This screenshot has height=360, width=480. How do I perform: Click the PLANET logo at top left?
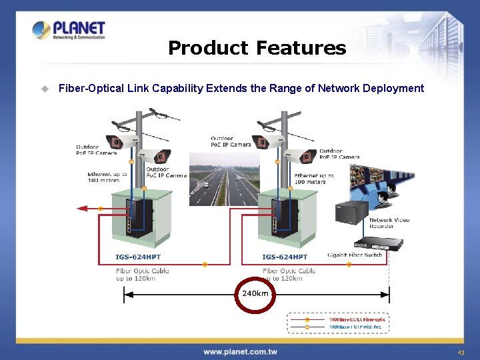pyautogui.click(x=69, y=31)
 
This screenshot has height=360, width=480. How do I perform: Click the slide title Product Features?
pyautogui.click(x=257, y=48)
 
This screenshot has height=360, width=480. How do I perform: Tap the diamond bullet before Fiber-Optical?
pyautogui.click(x=45, y=88)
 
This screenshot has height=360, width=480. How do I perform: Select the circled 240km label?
pyautogui.click(x=254, y=293)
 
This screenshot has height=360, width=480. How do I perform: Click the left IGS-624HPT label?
pyautogui.click(x=138, y=257)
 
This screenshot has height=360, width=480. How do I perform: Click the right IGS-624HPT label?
pyautogui.click(x=285, y=257)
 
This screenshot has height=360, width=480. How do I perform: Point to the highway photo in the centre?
pyautogui.click(x=224, y=179)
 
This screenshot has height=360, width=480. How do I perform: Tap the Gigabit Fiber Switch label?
pyautogui.click(x=355, y=255)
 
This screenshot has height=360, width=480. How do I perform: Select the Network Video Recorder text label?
pyautogui.click(x=389, y=223)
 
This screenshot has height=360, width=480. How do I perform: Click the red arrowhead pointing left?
pyautogui.click(x=83, y=209)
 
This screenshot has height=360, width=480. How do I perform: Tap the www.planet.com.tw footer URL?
pyautogui.click(x=240, y=351)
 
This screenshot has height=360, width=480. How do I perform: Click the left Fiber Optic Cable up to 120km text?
pyautogui.click(x=142, y=274)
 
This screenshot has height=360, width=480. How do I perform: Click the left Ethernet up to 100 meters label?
pyautogui.click(x=107, y=177)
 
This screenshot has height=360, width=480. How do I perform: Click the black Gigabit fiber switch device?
pyautogui.click(x=377, y=245)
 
